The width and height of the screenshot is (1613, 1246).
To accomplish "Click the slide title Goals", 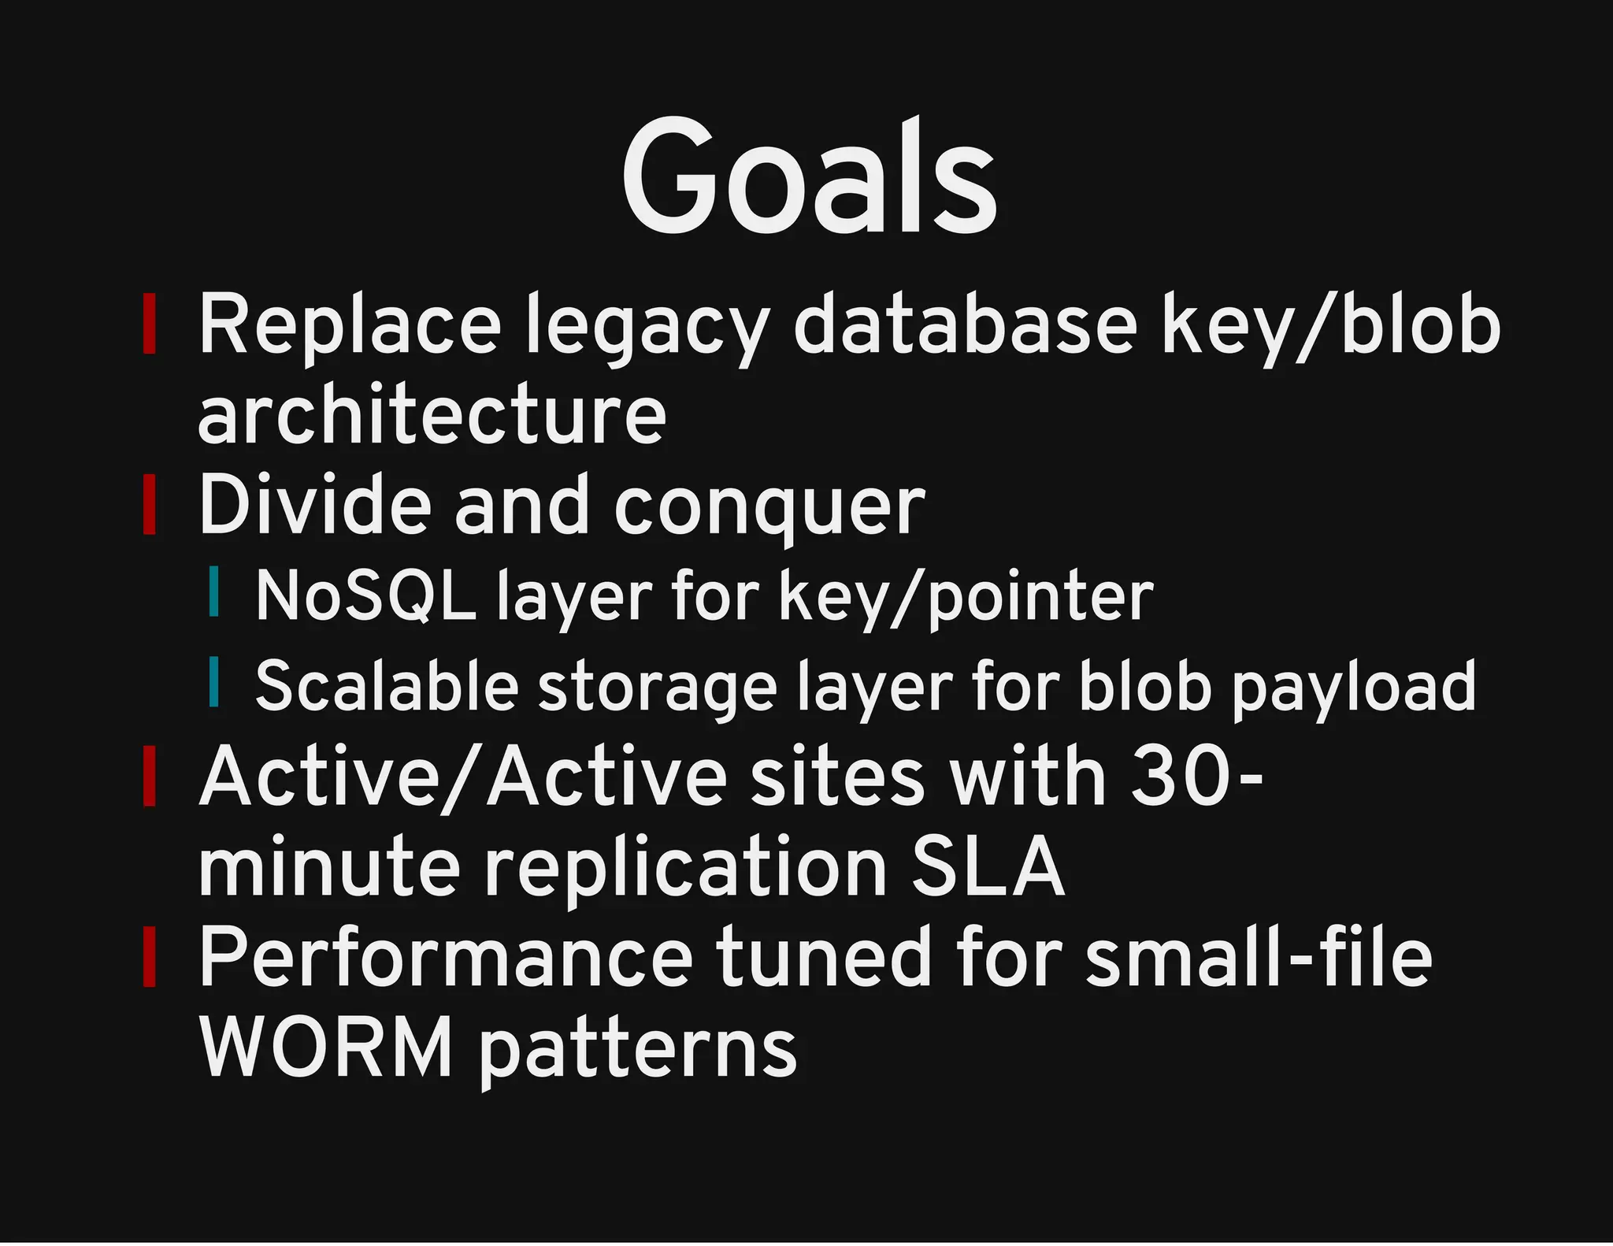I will point(810,176).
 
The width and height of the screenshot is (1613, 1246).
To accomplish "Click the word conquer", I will point(769,507).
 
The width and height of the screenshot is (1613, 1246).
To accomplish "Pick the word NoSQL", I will point(365,596).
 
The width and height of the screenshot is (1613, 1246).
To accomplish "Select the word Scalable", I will point(386,686).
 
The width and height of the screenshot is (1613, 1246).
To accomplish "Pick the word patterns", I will point(638,1050).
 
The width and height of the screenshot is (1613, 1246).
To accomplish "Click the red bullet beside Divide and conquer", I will point(149,505).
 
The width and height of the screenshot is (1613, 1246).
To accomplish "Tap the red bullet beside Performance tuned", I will point(149,957).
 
